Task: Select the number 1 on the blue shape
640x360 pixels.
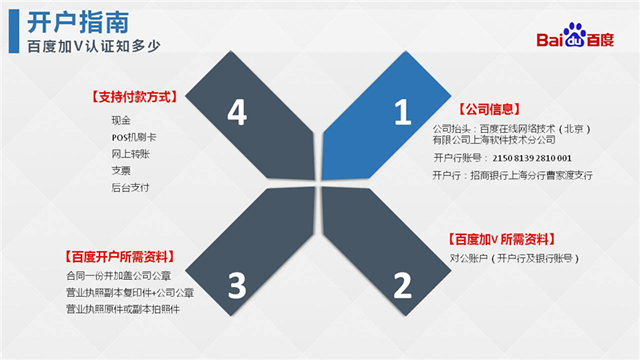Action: pos(402,114)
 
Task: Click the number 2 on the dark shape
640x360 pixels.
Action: pos(402,286)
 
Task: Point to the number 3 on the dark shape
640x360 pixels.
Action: pos(237,286)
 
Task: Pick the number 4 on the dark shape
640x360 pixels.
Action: pos(237,114)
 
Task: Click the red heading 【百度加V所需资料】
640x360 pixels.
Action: pos(501,239)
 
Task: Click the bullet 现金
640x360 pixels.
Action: pos(121,119)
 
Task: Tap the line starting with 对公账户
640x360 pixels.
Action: pos(514,259)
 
